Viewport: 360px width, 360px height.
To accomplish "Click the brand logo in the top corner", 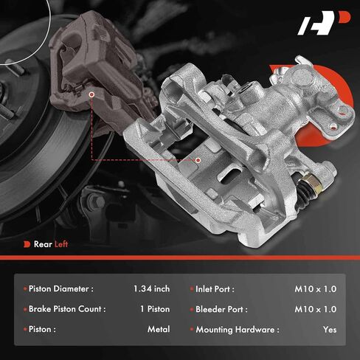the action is click(x=324, y=23).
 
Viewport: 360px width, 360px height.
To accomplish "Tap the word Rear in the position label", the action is click(x=43, y=244).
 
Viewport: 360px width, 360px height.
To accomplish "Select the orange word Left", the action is click(x=61, y=244).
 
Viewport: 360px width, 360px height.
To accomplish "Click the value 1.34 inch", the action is click(x=151, y=288).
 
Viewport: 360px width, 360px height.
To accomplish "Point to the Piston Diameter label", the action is click(x=61, y=288).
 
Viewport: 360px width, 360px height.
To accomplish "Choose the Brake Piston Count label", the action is click(x=67, y=309).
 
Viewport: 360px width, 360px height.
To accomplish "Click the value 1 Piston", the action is click(x=155, y=309).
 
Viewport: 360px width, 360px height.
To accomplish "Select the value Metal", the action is click(x=159, y=329).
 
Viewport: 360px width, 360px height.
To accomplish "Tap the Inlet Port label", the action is click(x=215, y=289).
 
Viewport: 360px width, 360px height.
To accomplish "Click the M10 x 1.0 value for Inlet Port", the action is click(x=316, y=289).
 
